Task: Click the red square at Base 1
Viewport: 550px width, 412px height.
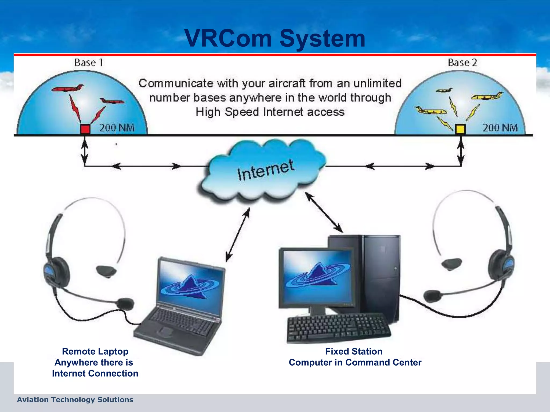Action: [85, 129]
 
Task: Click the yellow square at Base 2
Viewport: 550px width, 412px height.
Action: [460, 129]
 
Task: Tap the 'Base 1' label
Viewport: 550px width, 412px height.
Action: [89, 62]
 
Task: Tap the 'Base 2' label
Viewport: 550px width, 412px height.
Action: [462, 62]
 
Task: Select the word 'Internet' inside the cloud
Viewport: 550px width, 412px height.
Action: [266, 170]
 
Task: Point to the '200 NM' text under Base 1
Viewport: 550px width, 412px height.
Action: [117, 128]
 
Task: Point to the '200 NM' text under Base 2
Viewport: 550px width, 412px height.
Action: [500, 128]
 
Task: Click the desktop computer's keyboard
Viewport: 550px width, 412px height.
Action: [338, 329]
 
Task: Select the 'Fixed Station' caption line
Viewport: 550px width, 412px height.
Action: [354, 351]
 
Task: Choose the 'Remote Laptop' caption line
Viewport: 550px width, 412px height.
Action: [95, 351]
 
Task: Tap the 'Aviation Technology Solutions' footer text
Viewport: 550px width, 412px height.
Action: [75, 400]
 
